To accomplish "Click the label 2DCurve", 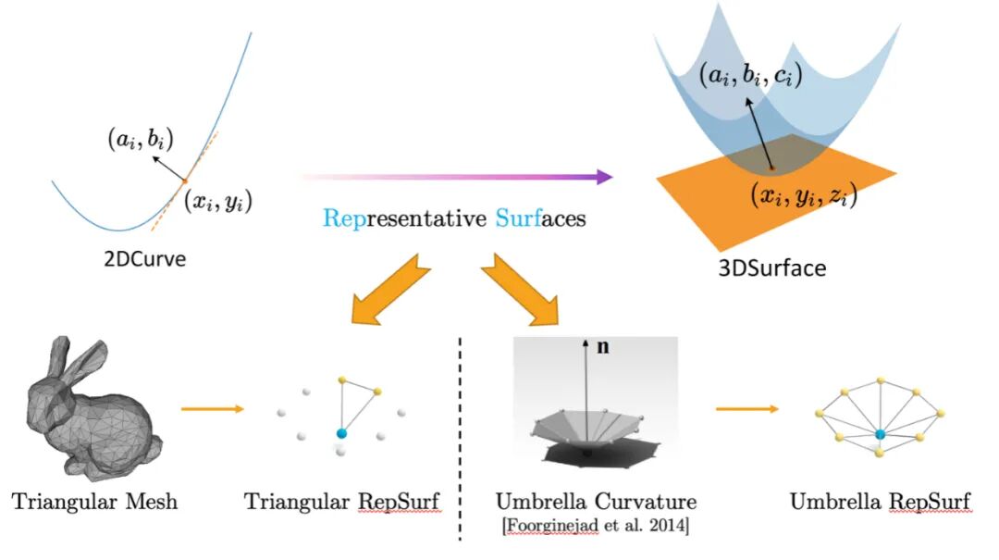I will click(144, 259).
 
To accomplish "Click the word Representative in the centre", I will click(403, 219).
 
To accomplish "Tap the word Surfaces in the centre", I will click(539, 219).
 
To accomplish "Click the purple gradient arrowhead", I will click(602, 176).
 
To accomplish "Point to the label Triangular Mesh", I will click(95, 503).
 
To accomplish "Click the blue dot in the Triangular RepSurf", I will click(342, 433).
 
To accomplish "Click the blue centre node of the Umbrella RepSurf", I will click(880, 433).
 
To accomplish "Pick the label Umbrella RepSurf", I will click(880, 503).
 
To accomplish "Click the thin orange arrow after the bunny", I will click(213, 408).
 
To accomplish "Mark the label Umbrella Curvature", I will click(596, 503).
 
